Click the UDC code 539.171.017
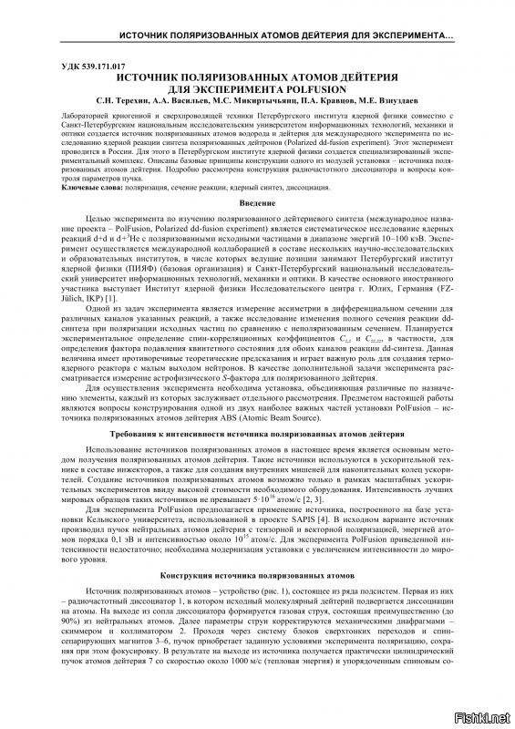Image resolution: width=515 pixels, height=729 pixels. coord(90,67)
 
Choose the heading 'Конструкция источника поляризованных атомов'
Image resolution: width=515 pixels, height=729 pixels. coord(257,577)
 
